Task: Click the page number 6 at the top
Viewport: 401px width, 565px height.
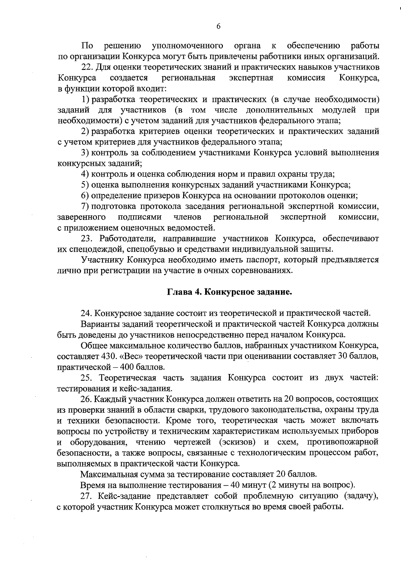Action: tap(218, 26)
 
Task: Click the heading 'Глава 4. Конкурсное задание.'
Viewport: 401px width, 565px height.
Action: tap(230, 292)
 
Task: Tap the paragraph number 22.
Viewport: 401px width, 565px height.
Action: tap(87, 67)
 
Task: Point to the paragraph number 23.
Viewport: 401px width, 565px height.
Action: tap(87, 239)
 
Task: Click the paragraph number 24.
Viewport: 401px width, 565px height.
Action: tap(87, 313)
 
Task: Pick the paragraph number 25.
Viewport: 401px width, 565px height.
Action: tap(87, 378)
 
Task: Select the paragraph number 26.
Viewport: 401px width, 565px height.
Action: tap(87, 399)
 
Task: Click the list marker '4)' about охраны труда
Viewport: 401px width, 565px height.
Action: tap(85, 174)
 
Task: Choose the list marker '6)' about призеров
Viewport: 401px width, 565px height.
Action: tap(85, 195)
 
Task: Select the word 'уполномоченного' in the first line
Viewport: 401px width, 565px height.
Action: tap(187, 45)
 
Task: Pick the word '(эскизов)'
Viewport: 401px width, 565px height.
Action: tap(238, 442)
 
